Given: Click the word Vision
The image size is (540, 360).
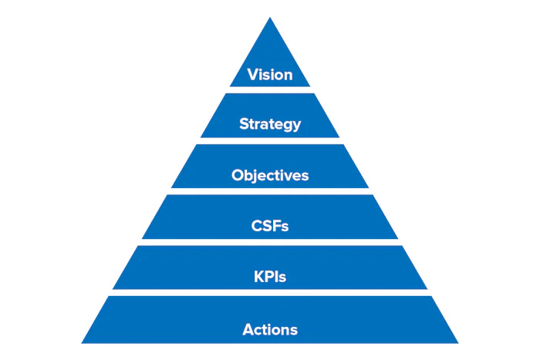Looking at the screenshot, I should click(x=270, y=75).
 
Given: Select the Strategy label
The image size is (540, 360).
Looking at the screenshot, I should click(x=270, y=124).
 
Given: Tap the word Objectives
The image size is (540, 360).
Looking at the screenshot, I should click(x=270, y=175).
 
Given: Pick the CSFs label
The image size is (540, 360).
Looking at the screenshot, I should click(x=270, y=227).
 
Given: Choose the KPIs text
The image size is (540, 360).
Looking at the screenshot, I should click(x=270, y=277).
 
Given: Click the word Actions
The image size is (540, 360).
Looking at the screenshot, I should click(x=270, y=330).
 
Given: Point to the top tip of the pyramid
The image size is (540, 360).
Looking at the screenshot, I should click(x=270, y=19).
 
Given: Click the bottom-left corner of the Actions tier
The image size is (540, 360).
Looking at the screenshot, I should click(x=83, y=342).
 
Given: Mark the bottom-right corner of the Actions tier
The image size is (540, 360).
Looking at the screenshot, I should click(x=457, y=342).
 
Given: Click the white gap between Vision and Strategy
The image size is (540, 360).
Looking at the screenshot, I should click(x=270, y=89).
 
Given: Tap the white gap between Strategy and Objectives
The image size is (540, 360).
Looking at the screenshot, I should click(x=270, y=140).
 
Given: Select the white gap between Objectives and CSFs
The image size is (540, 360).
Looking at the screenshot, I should click(x=270, y=191).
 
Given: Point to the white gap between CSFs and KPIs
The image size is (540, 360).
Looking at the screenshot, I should click(x=270, y=242).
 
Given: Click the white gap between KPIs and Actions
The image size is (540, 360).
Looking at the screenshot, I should click(x=270, y=292).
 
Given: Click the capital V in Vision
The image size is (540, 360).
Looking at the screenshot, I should click(x=251, y=75).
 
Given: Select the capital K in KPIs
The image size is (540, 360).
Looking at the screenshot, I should click(x=258, y=277).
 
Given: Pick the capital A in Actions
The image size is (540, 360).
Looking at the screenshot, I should click(x=248, y=330).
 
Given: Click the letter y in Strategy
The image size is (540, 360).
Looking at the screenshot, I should click(x=297, y=126).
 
